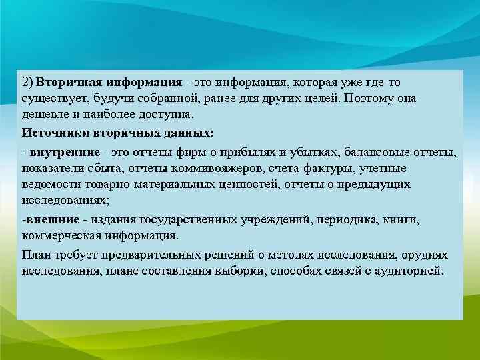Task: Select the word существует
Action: (52, 98)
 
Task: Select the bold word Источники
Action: (52, 132)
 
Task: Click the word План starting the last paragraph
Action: (35, 255)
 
